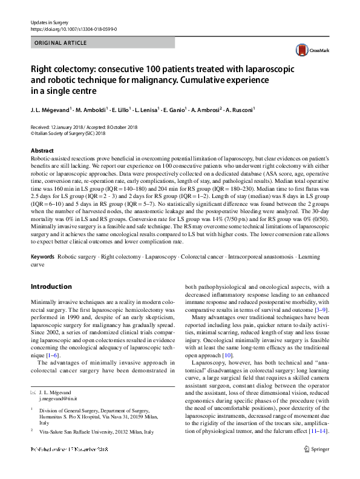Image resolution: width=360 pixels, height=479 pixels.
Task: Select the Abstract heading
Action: click(x=42, y=150)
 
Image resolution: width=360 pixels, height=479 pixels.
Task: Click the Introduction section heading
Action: click(x=51, y=286)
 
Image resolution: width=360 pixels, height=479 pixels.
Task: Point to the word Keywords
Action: click(x=42, y=257)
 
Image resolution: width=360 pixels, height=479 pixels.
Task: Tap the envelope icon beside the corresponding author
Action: click(x=34, y=392)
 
